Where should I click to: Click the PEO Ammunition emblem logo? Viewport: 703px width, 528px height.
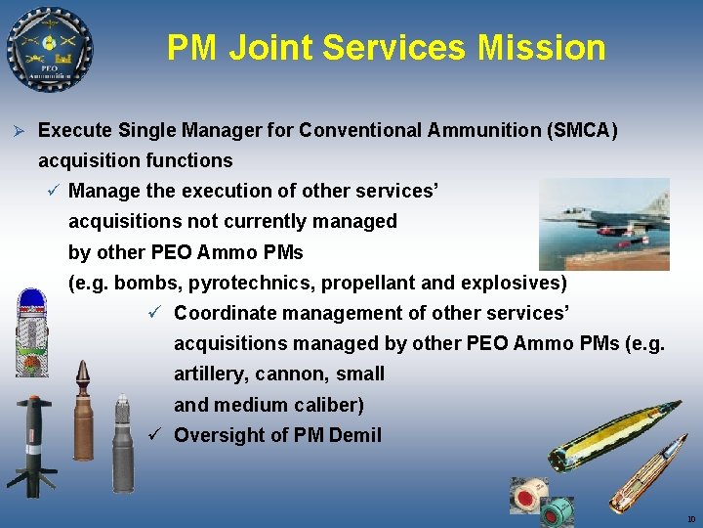(x=49, y=49)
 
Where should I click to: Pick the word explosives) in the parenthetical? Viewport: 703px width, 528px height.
(x=517, y=283)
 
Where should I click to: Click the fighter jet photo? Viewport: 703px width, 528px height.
(x=605, y=223)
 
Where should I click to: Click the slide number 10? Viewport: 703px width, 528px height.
(x=690, y=519)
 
